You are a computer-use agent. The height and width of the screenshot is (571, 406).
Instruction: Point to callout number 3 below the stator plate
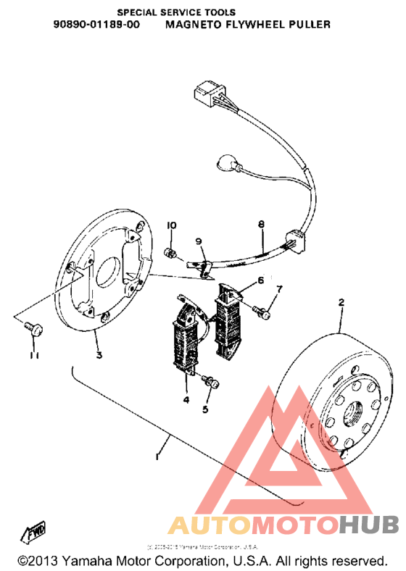tap(99, 354)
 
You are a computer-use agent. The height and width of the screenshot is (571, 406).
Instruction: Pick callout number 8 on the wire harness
tap(260, 225)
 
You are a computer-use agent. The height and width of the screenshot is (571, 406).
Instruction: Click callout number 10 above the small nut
tap(172, 225)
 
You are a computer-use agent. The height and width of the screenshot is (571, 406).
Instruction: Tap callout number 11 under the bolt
tap(33, 355)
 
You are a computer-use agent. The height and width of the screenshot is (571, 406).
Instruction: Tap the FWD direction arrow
tap(36, 533)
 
